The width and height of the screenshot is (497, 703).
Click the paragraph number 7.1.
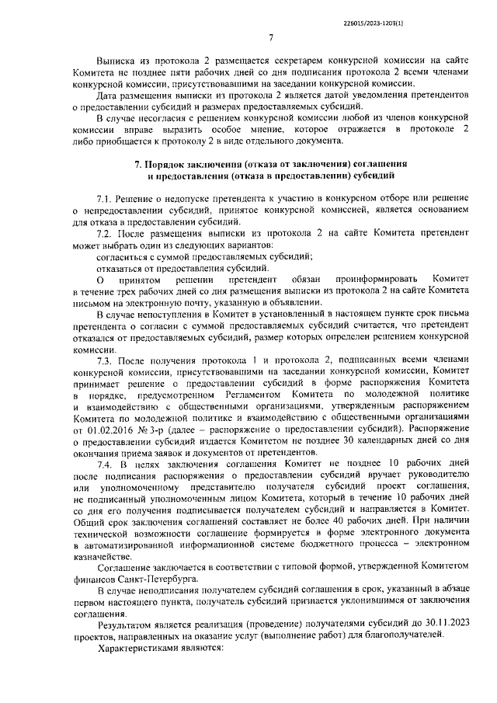[x=105, y=200]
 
